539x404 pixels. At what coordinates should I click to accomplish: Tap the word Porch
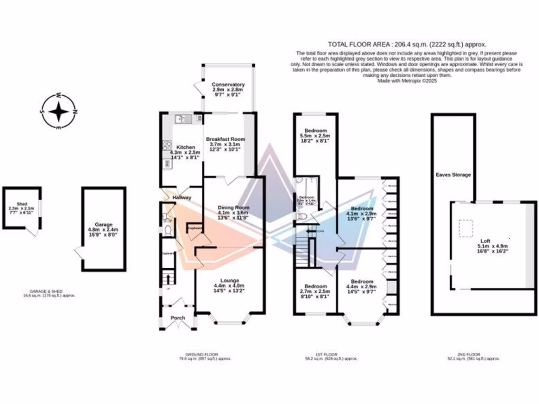pos(178,318)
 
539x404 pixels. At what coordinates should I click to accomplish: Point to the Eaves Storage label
pos(453,175)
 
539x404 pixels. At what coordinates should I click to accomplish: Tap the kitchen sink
pos(182,119)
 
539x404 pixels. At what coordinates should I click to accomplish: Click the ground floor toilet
pos(168,230)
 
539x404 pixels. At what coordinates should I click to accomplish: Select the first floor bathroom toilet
pos(300,216)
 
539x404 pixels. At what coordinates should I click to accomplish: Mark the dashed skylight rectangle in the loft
pos(466,228)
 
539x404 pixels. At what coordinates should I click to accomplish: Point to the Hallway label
pos(182,198)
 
